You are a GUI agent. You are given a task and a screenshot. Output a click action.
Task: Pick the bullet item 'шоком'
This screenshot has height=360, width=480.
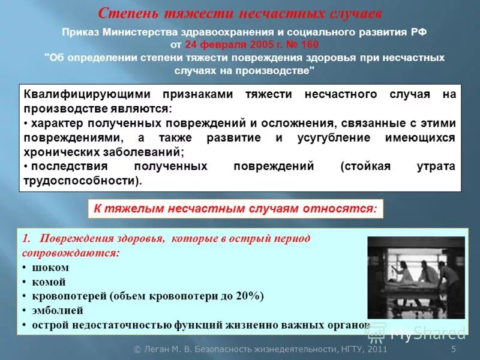[x=50, y=268]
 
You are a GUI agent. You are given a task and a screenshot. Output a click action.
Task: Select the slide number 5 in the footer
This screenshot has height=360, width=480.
[x=454, y=349]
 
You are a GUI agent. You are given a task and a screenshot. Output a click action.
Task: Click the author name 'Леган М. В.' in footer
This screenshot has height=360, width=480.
[x=158, y=349]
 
